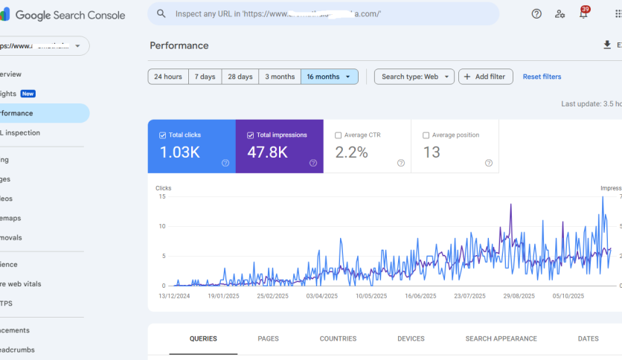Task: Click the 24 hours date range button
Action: pyautogui.click(x=168, y=77)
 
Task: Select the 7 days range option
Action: pyautogui.click(x=205, y=77)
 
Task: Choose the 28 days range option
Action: pyautogui.click(x=240, y=77)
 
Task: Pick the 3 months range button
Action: pyautogui.click(x=280, y=77)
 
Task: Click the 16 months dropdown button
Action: pyautogui.click(x=329, y=77)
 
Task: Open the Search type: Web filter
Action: pyautogui.click(x=414, y=77)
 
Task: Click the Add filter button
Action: pyautogui.click(x=485, y=77)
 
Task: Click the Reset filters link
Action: pyautogui.click(x=542, y=77)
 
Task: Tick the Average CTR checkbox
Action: pyautogui.click(x=339, y=135)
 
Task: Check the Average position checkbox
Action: pyautogui.click(x=426, y=135)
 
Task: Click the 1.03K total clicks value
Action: pyautogui.click(x=179, y=152)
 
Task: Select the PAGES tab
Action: pyautogui.click(x=268, y=338)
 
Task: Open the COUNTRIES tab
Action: pyautogui.click(x=338, y=338)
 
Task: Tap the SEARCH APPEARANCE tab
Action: pyautogui.click(x=501, y=338)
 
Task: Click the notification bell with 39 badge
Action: pyautogui.click(x=583, y=14)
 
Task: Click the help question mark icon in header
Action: pyautogui.click(x=536, y=14)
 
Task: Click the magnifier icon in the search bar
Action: pyautogui.click(x=161, y=14)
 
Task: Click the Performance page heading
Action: pyautogui.click(x=179, y=45)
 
